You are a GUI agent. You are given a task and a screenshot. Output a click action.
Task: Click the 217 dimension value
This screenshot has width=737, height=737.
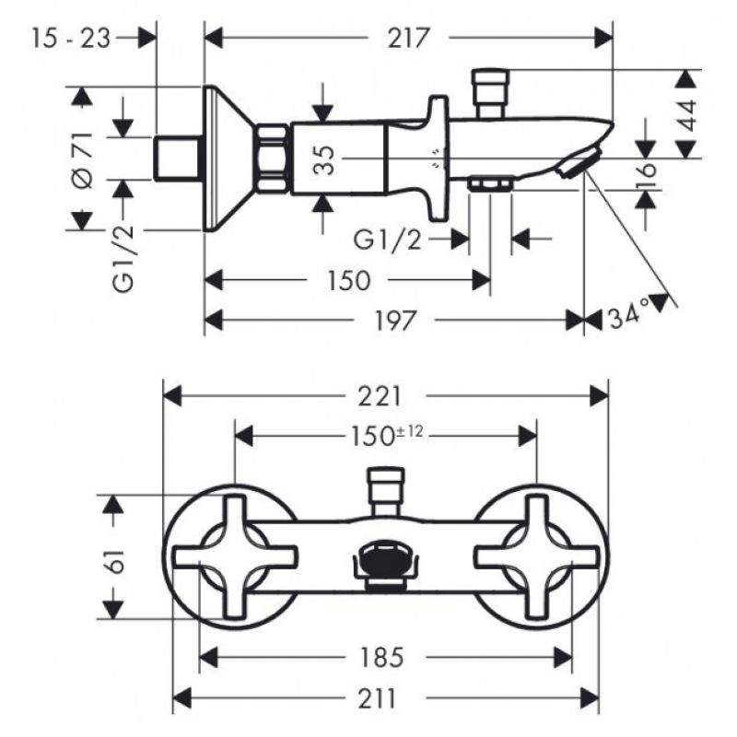(x=407, y=38)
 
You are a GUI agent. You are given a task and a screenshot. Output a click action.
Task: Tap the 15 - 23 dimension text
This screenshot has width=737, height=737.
(x=72, y=38)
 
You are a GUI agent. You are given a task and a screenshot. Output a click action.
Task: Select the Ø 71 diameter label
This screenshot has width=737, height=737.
(x=84, y=160)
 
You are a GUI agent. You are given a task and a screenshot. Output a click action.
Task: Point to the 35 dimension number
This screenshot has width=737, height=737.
(x=324, y=160)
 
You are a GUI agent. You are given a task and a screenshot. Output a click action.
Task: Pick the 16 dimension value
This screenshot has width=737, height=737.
(x=648, y=170)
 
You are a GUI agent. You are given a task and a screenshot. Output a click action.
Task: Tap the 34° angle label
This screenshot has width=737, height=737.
(x=628, y=314)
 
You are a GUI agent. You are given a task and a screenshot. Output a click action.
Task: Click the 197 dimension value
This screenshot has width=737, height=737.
(x=394, y=321)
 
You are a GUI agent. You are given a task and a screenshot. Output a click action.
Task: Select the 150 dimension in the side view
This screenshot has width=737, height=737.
(x=348, y=281)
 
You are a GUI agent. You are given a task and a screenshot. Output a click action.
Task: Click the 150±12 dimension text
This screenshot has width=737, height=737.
(x=387, y=436)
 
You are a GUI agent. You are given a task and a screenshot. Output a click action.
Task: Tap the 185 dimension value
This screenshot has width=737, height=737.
(x=380, y=657)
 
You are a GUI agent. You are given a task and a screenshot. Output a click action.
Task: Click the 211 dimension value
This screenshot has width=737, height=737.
(x=378, y=698)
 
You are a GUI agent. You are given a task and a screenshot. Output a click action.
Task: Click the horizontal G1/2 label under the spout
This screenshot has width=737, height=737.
(x=387, y=240)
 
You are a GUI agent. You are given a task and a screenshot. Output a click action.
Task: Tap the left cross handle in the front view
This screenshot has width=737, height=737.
(x=236, y=556)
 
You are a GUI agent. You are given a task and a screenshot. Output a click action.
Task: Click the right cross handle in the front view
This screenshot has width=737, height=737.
(x=537, y=556)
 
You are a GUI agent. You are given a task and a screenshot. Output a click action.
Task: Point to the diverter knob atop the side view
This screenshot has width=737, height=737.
(x=491, y=93)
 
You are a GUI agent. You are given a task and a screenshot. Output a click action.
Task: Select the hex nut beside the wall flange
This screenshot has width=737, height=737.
(x=272, y=158)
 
